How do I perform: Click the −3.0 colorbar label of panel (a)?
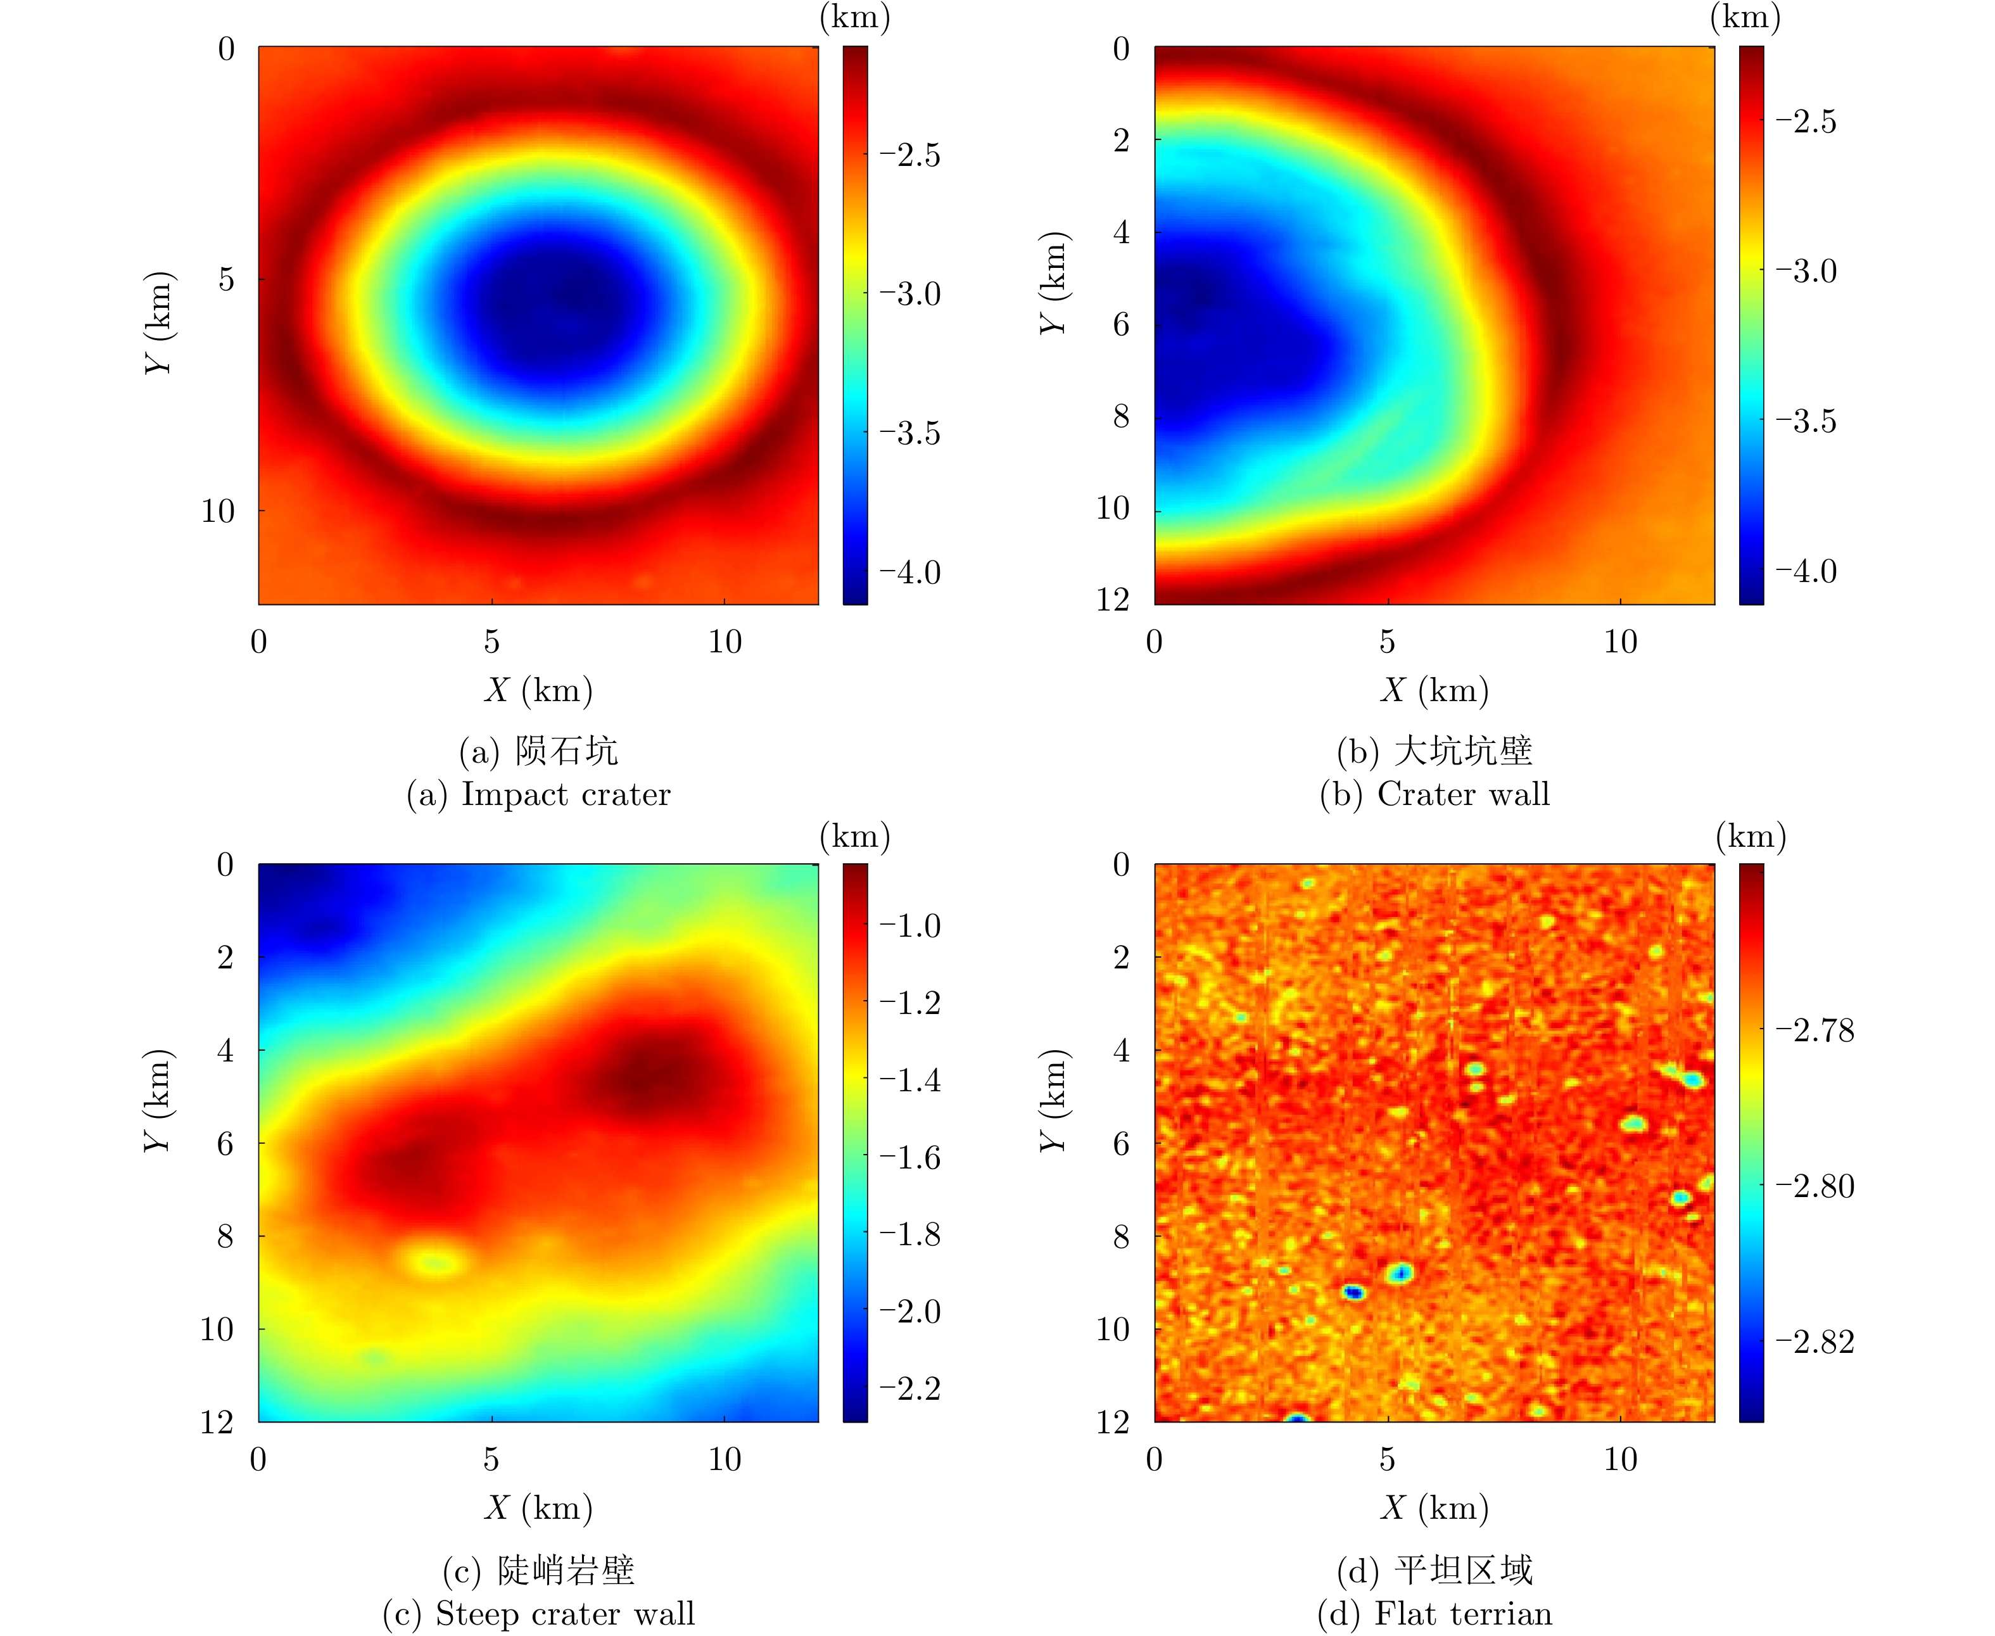tap(909, 294)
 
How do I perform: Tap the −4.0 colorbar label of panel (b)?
tap(1806, 571)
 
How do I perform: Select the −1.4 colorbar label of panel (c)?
tap(909, 1080)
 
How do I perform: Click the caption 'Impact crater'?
tap(566, 794)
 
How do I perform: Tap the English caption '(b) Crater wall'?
tap(1434, 794)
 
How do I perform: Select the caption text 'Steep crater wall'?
tap(564, 1613)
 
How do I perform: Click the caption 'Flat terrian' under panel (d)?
tap(1462, 1613)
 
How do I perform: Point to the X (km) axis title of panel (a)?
tap(539, 691)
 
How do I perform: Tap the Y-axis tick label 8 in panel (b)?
tap(1120, 415)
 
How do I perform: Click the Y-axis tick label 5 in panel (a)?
tap(226, 279)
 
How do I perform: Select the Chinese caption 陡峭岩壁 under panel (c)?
tap(566, 1570)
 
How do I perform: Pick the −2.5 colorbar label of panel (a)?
tap(909, 156)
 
